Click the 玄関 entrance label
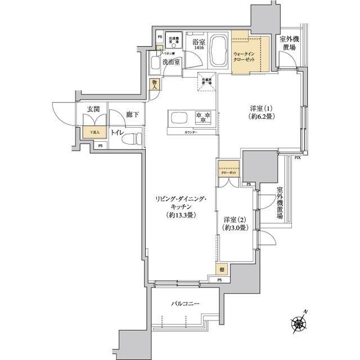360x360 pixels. (x=93, y=109)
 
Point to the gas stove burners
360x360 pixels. (x=202, y=117)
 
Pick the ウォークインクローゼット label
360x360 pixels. (x=245, y=57)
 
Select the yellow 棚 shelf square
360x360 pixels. (x=223, y=269)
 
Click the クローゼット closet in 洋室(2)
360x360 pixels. (x=229, y=170)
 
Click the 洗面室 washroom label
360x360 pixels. (x=171, y=62)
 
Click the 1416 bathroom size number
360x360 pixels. (x=199, y=49)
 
